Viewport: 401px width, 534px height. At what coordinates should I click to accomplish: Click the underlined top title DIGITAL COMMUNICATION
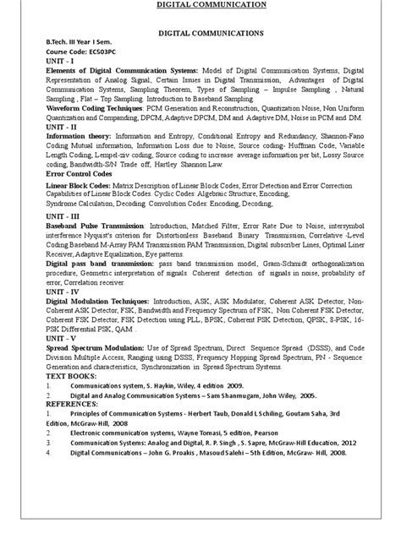click(200, 5)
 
